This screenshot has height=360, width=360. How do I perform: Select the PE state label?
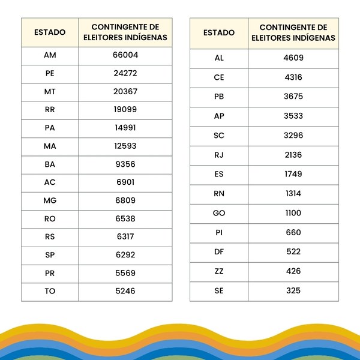[50, 74]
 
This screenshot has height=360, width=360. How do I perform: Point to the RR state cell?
[50, 110]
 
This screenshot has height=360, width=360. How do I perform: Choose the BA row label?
[50, 164]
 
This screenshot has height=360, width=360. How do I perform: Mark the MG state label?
[50, 200]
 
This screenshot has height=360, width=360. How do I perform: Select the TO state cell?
[50, 291]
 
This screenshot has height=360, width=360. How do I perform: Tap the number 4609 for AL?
[293, 58]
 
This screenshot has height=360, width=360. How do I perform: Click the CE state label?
[219, 77]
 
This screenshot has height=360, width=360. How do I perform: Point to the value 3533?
[293, 116]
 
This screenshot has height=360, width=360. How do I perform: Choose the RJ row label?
[219, 155]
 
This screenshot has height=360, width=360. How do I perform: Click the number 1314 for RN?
[293, 194]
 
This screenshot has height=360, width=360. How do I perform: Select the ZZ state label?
[219, 271]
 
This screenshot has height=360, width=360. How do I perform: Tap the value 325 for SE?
[293, 290]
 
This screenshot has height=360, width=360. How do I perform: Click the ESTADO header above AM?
[50, 32]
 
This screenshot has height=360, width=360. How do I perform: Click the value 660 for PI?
[293, 232]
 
